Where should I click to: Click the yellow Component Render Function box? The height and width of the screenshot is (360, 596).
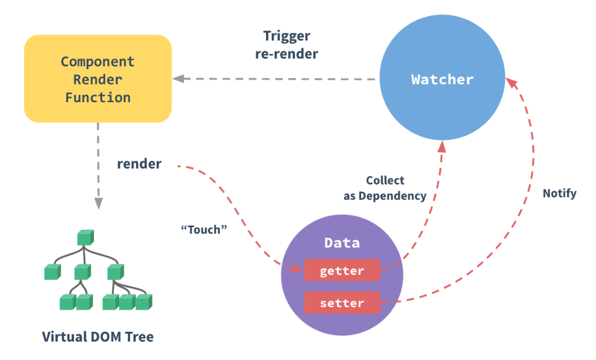(97, 79)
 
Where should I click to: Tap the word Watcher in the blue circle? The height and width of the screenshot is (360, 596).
(442, 79)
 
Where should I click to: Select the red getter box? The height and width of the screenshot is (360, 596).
(342, 271)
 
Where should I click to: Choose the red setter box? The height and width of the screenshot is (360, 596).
(342, 303)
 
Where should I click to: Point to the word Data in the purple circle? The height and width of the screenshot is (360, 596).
(342, 243)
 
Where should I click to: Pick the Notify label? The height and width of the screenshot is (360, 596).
(559, 193)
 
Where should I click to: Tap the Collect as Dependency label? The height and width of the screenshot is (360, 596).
(385, 188)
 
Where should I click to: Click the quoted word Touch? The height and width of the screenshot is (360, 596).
(203, 230)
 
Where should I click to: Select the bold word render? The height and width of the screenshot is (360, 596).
(139, 164)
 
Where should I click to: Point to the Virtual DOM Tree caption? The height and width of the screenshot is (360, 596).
(97, 337)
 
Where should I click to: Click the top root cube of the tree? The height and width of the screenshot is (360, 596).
(85, 237)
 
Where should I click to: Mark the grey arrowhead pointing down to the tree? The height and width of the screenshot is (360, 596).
(98, 203)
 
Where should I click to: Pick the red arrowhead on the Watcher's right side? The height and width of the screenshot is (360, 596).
(512, 83)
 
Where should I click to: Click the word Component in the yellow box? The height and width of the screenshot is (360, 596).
(97, 62)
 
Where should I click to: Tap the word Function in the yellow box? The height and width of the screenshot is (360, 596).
(97, 97)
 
